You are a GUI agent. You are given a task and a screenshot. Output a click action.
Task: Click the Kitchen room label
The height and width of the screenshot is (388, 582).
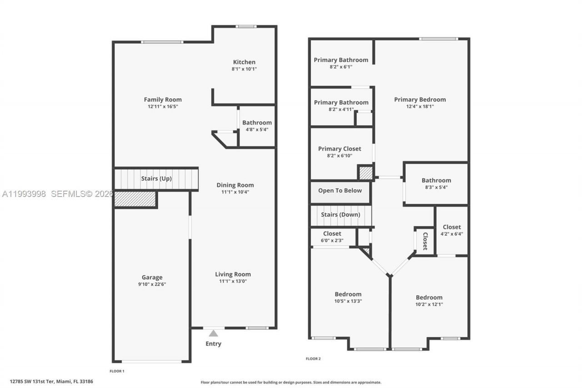tap(244, 62)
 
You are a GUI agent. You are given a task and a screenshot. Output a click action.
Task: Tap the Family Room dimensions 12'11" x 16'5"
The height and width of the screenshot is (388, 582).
tap(163, 106)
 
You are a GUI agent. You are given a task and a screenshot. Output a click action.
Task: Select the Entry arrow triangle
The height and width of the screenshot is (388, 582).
tap(213, 333)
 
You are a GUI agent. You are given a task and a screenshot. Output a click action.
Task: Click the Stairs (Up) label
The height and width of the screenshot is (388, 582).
tap(156, 178)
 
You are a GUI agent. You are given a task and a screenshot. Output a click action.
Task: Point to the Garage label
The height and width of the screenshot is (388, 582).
tap(152, 277)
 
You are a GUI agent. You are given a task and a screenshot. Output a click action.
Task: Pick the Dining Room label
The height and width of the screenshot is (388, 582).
tap(235, 185)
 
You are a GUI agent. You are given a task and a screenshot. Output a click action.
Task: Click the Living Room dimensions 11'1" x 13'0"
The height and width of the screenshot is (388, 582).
tap(233, 281)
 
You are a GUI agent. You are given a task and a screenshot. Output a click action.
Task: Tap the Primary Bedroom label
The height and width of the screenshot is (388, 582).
tap(420, 100)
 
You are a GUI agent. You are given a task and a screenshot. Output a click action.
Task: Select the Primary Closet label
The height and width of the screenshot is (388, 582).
tap(340, 149)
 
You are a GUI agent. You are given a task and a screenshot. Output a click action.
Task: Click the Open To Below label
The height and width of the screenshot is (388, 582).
tap(340, 191)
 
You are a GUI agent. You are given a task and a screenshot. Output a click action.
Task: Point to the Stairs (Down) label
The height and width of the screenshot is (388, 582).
tap(341, 215)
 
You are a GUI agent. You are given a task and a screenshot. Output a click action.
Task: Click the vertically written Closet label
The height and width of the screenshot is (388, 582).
tap(425, 241)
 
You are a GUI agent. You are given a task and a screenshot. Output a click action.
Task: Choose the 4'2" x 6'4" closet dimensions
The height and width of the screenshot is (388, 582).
tap(452, 234)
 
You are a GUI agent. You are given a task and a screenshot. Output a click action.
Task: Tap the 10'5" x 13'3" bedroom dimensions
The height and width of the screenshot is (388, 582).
tap(348, 301)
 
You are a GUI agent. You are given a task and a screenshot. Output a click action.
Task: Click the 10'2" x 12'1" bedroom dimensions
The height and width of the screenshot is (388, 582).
tap(429, 304)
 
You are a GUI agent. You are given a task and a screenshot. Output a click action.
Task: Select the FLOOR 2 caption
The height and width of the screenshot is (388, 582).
tap(313, 359)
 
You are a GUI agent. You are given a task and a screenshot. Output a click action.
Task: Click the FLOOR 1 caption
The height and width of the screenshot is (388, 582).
tap(117, 371)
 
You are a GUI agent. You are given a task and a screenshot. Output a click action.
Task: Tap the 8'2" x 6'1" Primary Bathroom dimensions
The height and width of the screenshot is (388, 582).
tap(341, 66)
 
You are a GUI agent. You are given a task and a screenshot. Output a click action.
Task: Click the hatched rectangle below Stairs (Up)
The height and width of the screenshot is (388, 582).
tap(135, 199)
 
